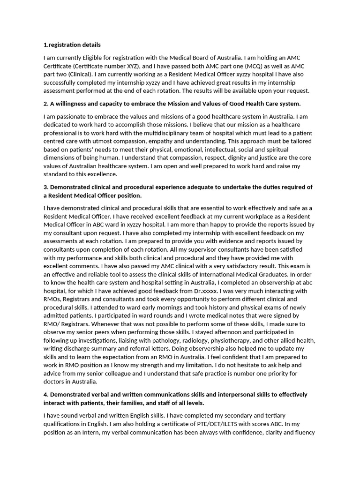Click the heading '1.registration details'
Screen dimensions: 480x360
72,45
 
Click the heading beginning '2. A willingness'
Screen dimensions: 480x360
172,104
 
